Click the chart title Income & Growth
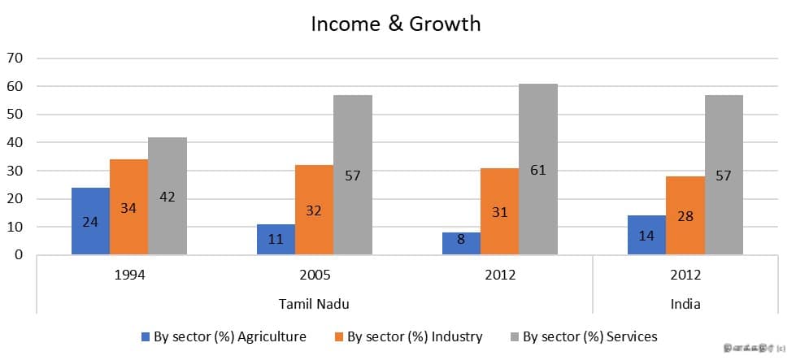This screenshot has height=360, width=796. tap(396, 24)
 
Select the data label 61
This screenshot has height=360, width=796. tap(538, 171)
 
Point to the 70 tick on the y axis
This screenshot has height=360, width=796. tap(15, 59)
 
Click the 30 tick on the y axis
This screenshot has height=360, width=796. tap(15, 171)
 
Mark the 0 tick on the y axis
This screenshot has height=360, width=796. tap(19, 255)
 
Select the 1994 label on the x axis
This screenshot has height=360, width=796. tap(129, 275)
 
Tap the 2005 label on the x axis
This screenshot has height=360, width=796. tap(315, 275)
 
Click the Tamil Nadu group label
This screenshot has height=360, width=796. tap(315, 304)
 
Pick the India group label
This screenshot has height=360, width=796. tap(685, 304)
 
